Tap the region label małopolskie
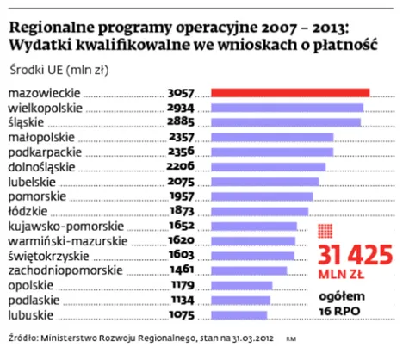tap(41, 137)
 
